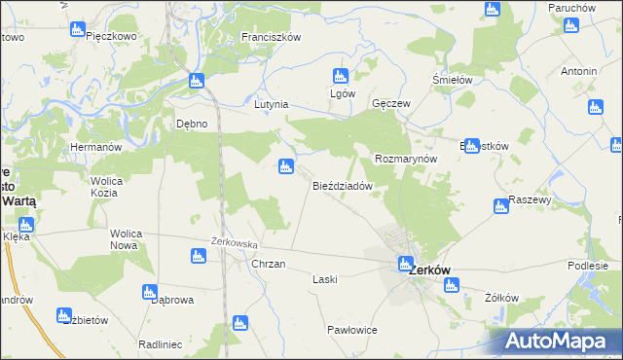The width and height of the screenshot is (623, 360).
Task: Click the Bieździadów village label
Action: [x=343, y=185]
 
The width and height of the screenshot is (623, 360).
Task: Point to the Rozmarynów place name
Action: [x=407, y=159]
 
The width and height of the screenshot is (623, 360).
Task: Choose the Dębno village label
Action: [x=192, y=124]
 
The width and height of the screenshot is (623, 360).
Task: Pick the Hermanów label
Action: [x=94, y=147]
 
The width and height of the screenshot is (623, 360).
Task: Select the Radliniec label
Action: [x=162, y=344]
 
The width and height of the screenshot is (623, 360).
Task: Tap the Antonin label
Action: [x=578, y=72]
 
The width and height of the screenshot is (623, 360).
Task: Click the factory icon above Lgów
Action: [x=341, y=75]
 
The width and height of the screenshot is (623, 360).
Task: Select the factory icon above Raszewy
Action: [x=501, y=205]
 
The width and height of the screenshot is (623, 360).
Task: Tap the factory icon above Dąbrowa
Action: [x=150, y=291]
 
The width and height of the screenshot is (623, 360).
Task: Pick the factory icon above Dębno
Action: [x=197, y=81]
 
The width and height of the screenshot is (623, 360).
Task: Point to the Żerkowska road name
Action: [x=234, y=243]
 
